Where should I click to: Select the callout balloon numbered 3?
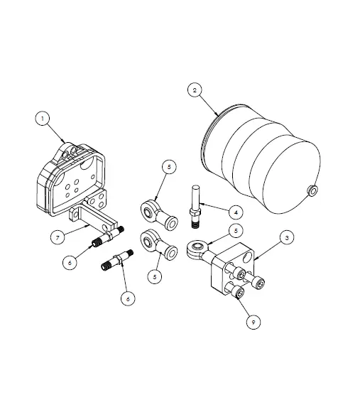click(x=285, y=238)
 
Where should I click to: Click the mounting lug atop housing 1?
click(x=70, y=150)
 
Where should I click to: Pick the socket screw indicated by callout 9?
click(x=237, y=291)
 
